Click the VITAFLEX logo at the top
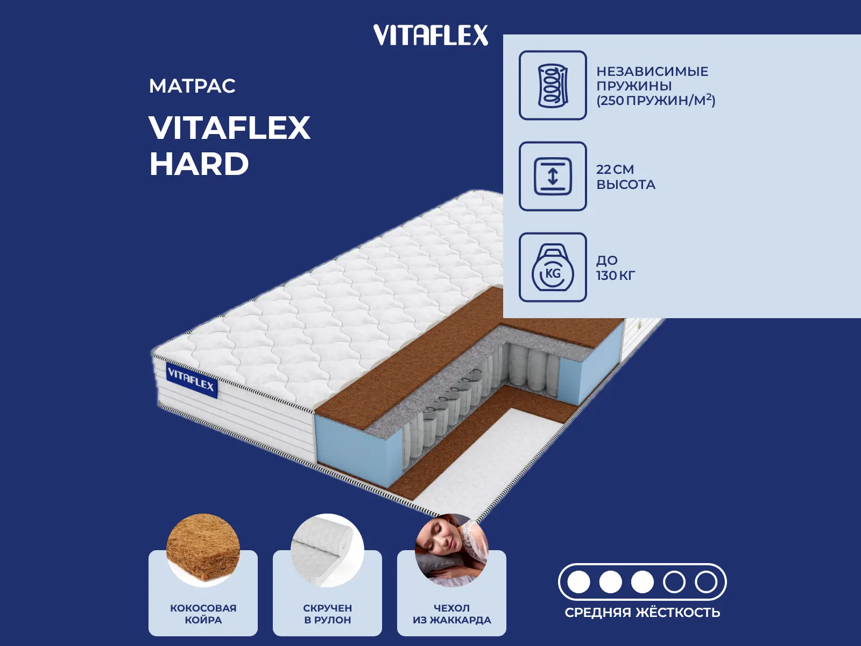coord(430,35)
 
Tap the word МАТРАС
coord(192,86)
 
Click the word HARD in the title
coord(199,164)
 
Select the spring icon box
coord(553,85)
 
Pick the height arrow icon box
coord(553,176)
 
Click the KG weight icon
coord(553,268)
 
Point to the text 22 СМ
coord(615,170)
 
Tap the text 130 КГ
coord(616,276)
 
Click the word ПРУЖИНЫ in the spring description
coord(634,86)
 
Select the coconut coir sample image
coord(203,549)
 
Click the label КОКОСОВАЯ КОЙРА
coord(203,614)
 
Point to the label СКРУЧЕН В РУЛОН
coord(327,614)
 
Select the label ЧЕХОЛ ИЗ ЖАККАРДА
coord(451,614)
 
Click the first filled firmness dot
coord(578,582)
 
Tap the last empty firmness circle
coord(705,582)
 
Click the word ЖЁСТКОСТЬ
coord(678,613)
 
